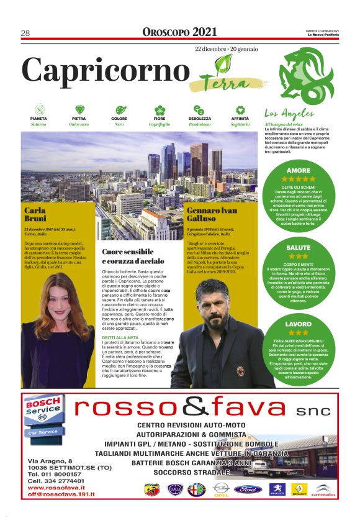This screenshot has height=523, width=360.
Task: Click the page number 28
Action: point(25,33)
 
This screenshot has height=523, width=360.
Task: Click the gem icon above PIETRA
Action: point(79,109)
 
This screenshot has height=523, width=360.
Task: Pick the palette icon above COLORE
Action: point(119,109)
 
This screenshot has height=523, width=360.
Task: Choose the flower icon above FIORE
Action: point(160,109)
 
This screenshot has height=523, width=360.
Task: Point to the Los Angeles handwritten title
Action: point(285,114)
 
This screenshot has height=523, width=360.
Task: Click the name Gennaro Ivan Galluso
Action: point(211,215)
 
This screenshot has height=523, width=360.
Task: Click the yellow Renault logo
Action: point(299,489)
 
